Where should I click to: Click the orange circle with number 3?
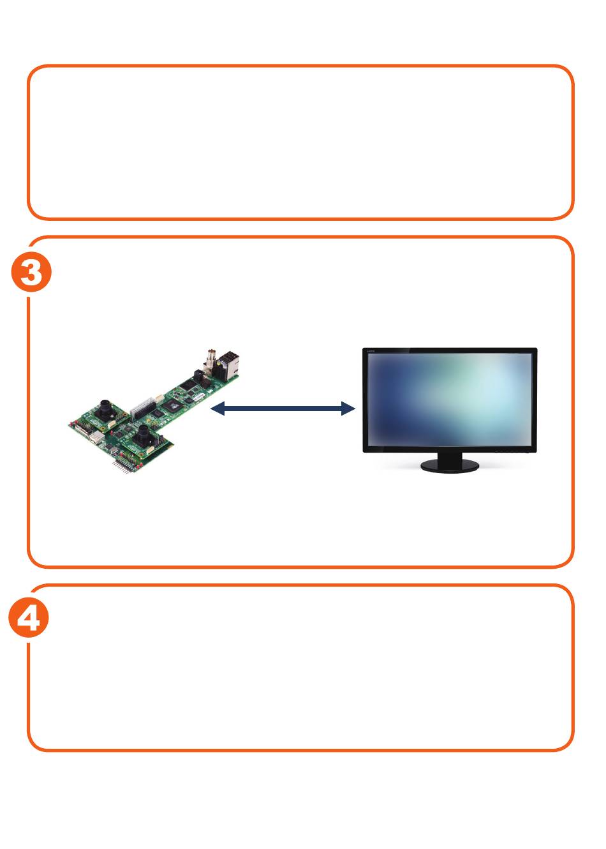[31, 274]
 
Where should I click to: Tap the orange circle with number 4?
[29, 619]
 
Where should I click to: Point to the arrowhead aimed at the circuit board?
[217, 409]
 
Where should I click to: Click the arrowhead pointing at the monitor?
[348, 409]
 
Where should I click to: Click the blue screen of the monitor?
[450, 399]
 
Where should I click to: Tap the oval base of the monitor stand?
[450, 467]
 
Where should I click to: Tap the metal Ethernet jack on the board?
[230, 364]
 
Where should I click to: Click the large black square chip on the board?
[170, 405]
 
